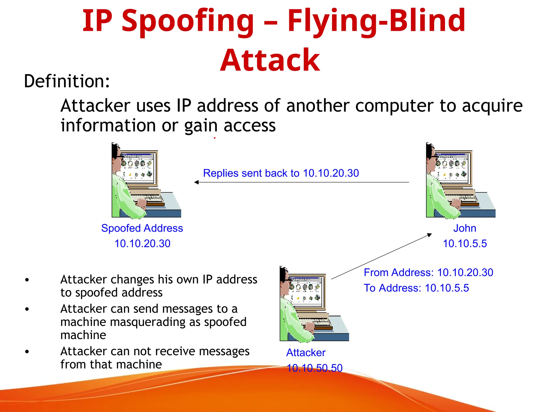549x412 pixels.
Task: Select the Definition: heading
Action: coord(67,81)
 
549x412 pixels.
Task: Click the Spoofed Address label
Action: coord(142,228)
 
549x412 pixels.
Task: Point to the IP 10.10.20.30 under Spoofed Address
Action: coord(142,244)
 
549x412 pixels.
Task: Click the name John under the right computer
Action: coord(465,228)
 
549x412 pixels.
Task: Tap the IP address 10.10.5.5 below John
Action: coord(465,244)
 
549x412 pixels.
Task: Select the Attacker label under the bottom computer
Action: coord(306,352)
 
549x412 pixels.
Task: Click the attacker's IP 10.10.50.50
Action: coord(314,368)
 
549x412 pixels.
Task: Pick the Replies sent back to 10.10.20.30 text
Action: coord(281,173)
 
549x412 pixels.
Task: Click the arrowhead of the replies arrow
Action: coord(196,182)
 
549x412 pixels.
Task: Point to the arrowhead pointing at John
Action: coord(429,235)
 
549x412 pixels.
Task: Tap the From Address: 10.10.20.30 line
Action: coord(428,273)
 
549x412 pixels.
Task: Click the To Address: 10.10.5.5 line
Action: coord(416,288)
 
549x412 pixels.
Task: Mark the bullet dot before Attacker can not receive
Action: coord(27,352)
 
